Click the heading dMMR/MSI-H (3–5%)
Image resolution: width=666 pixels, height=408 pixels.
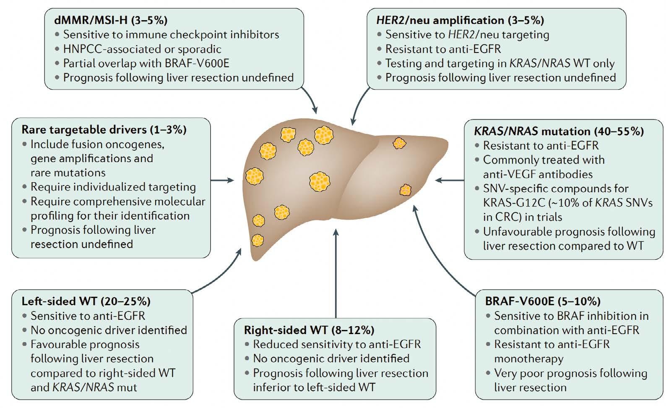(x=111, y=20)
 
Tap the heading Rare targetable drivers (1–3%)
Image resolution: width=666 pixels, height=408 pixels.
(x=104, y=129)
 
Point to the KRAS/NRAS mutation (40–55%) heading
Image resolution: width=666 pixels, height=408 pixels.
(x=559, y=131)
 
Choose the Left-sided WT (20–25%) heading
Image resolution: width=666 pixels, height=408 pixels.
(x=86, y=301)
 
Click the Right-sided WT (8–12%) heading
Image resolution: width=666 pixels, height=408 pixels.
(x=309, y=330)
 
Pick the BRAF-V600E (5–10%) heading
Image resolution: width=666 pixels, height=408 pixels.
(x=543, y=301)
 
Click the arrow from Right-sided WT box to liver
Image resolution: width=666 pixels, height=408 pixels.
(x=336, y=273)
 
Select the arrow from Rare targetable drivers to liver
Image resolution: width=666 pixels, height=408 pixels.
(x=222, y=180)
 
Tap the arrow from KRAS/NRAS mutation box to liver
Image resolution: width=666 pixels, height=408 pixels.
(x=450, y=180)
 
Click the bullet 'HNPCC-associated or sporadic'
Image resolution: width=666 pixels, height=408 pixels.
(x=142, y=49)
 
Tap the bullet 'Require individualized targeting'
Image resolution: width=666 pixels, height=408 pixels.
(x=113, y=187)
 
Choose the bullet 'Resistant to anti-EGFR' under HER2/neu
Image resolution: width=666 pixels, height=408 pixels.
(x=443, y=49)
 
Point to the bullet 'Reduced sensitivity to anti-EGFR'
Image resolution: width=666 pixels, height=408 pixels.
(x=337, y=344)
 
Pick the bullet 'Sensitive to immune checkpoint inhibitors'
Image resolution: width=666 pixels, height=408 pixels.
(x=171, y=34)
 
